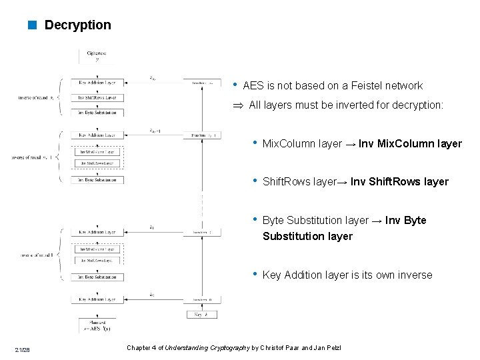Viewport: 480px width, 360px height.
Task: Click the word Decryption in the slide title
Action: click(x=77, y=25)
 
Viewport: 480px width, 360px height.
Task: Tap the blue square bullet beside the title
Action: click(x=31, y=25)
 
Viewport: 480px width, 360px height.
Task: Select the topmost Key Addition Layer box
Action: click(x=97, y=83)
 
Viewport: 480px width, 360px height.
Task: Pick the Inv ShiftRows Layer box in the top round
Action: click(x=97, y=98)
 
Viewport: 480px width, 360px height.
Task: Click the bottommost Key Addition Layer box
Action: click(x=97, y=299)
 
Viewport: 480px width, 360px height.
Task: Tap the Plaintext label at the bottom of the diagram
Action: click(x=97, y=326)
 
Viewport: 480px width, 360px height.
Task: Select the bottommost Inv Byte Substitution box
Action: click(x=97, y=277)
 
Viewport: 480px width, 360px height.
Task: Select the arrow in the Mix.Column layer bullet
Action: click(x=350, y=144)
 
